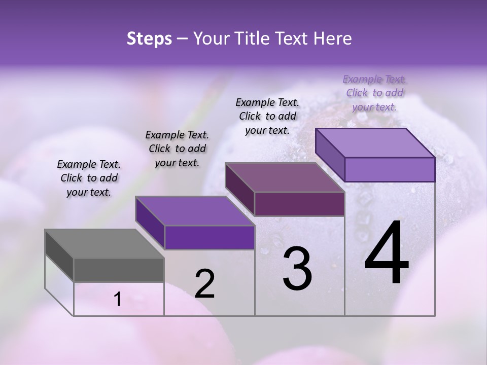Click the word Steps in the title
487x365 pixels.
coord(149,39)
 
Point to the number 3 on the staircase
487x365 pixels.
coord(297,269)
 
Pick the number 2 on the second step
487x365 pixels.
coord(204,284)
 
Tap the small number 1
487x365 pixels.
coord(118,300)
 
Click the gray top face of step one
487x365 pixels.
coord(104,244)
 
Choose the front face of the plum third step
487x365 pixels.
coord(299,204)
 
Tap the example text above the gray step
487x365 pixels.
coord(89,178)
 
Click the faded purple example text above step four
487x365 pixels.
coord(375,93)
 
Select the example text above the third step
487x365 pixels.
coord(267,116)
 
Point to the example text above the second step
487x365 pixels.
coord(177,149)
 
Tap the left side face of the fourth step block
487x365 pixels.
coord(330,155)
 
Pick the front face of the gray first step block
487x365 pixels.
coord(119,270)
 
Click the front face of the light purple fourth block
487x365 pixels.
coord(390,169)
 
